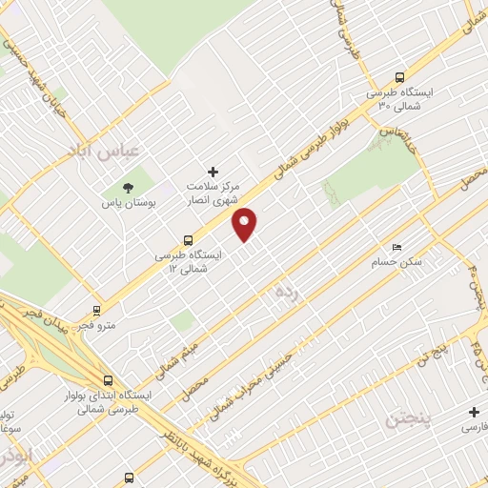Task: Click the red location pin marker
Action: [246, 224]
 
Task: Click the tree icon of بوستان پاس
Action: [128, 187]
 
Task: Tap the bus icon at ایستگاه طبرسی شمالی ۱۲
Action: [188, 241]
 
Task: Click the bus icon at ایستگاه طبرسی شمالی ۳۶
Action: [399, 79]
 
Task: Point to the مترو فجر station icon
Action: [96, 310]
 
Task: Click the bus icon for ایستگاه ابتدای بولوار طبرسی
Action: [107, 378]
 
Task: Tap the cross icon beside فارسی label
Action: [475, 413]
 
